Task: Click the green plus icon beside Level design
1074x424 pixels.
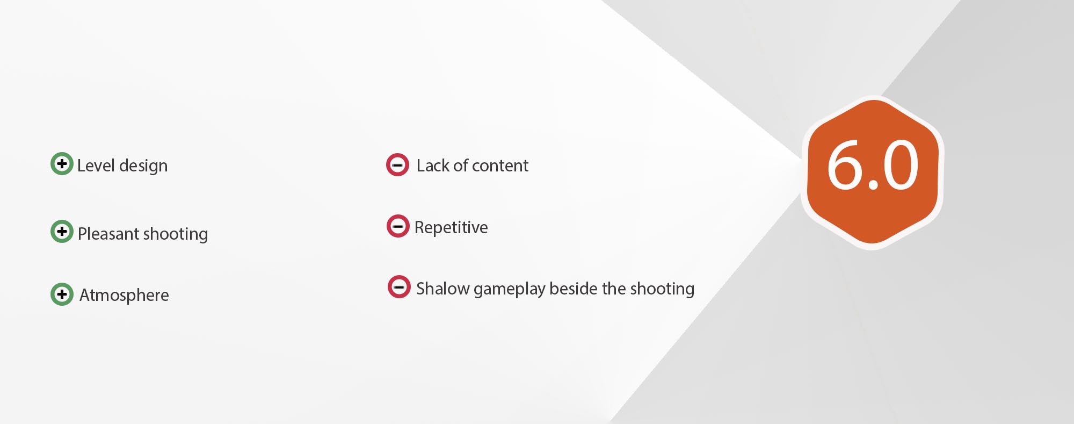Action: [x=62, y=163]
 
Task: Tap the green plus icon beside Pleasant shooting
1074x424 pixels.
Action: [x=62, y=231]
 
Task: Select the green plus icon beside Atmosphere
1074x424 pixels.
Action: [x=62, y=294]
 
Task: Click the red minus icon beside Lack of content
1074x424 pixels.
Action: [x=397, y=165]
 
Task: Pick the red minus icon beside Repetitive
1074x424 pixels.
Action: [x=398, y=226]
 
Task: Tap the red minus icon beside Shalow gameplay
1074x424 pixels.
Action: [x=399, y=286]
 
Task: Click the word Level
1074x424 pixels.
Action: [x=96, y=165]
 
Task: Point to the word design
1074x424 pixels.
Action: [x=143, y=166]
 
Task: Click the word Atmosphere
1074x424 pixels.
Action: [x=124, y=296]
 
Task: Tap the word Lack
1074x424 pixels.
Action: [x=433, y=165]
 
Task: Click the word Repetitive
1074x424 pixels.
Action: [x=451, y=228]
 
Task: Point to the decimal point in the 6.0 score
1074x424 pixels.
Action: [x=873, y=185]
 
